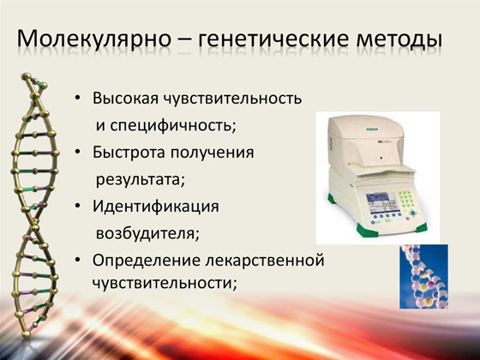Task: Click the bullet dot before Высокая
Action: [x=80, y=99]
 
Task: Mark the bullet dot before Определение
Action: [x=80, y=260]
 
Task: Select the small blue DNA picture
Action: [x=423, y=276]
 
